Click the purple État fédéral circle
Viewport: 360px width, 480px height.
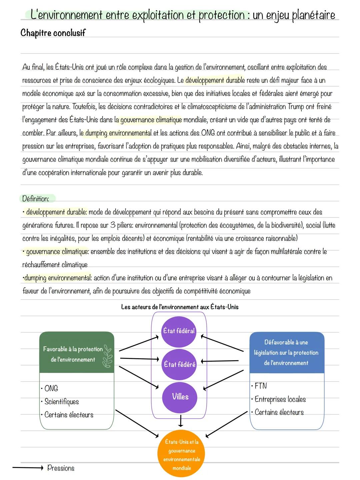coord(179,331)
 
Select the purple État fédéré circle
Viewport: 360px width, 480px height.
coord(179,364)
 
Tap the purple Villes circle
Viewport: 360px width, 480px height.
coord(180,397)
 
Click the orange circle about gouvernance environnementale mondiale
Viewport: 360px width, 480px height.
coord(182,455)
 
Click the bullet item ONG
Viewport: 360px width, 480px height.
coord(51,389)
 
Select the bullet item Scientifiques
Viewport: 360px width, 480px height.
coord(61,402)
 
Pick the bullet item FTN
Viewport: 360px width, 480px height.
coord(260,386)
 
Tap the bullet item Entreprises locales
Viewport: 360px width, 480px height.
coord(280,399)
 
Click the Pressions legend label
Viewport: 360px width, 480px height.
coord(61,468)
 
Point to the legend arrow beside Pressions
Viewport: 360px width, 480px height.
coord(28,468)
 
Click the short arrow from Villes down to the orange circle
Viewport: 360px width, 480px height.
coord(180,421)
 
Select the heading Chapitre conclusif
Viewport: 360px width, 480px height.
coord(53,33)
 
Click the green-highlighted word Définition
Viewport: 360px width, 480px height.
coord(36,199)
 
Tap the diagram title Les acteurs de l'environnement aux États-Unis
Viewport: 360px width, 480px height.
coord(180,307)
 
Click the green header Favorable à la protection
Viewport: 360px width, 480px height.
coord(73,354)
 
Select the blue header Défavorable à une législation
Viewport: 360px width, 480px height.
coord(286,353)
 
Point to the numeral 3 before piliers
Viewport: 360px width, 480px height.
coord(113,225)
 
